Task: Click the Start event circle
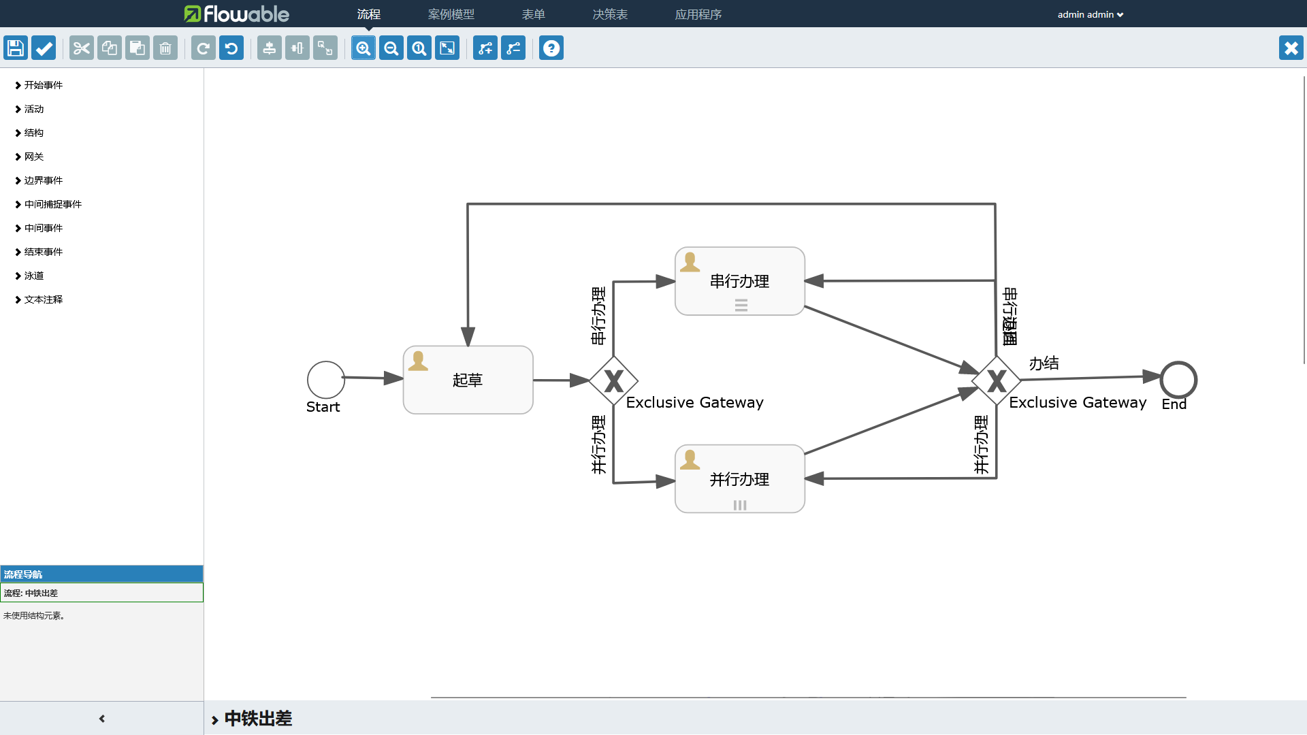[x=326, y=380]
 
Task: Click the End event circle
[x=1178, y=380]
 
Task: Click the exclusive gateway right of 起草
[x=613, y=381]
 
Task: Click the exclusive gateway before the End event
[x=996, y=381]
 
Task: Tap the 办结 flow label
[x=1044, y=363]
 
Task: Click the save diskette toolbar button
[x=16, y=48]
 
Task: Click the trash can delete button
[x=165, y=48]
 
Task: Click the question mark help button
[x=551, y=48]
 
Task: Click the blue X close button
[x=1291, y=48]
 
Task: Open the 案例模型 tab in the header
[x=451, y=14]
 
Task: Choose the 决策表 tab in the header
[x=610, y=14]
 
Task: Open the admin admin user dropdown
[x=1090, y=14]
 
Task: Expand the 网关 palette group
[x=34, y=157]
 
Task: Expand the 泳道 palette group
[x=34, y=276]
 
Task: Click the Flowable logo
[x=236, y=14]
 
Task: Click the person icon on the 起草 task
[x=418, y=361]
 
